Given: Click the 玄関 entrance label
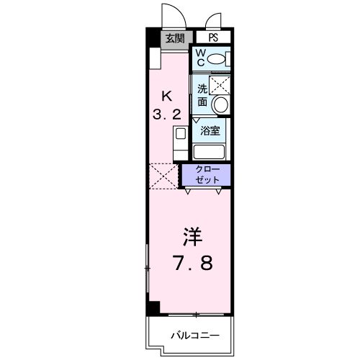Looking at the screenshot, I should click(x=174, y=38).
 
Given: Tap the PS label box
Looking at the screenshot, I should click(x=213, y=38).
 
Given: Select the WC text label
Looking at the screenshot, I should click(x=201, y=58).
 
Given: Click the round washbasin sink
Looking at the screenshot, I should click(x=220, y=104).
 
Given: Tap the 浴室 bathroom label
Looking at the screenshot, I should click(x=210, y=132).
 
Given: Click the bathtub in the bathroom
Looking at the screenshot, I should click(x=210, y=151).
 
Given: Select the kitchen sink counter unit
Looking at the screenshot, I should click(x=179, y=141).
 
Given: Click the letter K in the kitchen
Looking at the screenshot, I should click(x=167, y=94).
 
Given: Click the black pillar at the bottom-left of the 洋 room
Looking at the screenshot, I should click(x=152, y=307).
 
